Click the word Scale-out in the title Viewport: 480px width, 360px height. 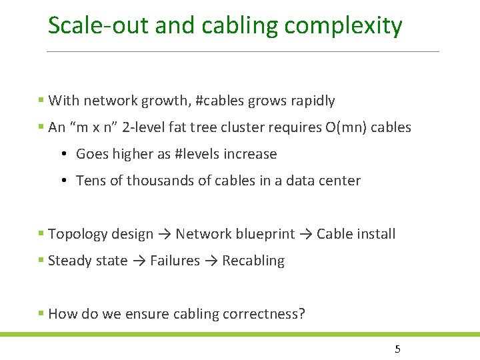(98, 26)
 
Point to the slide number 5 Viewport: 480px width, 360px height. (397, 349)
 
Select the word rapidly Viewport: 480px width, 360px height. (314, 101)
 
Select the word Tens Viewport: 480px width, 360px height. (90, 181)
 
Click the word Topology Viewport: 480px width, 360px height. (76, 234)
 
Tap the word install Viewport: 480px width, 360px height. (376, 234)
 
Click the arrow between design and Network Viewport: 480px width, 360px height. (165, 234)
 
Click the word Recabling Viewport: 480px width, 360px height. (253, 261)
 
